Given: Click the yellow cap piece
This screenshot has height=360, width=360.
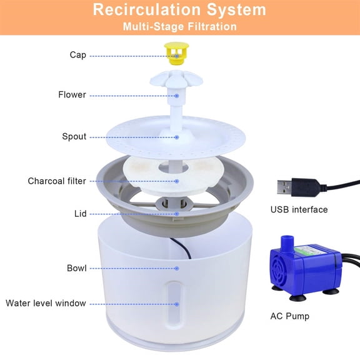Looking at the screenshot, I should click(x=177, y=52).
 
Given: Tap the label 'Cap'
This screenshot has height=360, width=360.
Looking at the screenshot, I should click(x=78, y=55).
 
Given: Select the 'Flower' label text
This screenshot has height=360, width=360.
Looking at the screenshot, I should click(x=72, y=95).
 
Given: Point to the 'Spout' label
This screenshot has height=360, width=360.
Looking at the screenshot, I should click(x=74, y=136).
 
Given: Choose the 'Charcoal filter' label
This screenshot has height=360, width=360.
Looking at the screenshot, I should click(x=57, y=181).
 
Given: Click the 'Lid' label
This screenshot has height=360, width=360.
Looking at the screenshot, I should click(x=80, y=213).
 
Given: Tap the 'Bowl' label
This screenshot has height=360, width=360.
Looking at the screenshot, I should click(x=76, y=268).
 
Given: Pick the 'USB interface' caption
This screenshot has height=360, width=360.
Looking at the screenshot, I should click(x=299, y=209).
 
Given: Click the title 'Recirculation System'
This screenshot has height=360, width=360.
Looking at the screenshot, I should click(x=179, y=11).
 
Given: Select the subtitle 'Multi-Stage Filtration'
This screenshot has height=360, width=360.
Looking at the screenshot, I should click(x=179, y=27).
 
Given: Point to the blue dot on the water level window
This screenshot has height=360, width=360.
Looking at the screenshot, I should click(x=177, y=304).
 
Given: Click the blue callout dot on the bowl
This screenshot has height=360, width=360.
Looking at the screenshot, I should click(x=177, y=267).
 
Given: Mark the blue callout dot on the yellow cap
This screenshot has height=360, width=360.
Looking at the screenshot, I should click(x=177, y=56).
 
